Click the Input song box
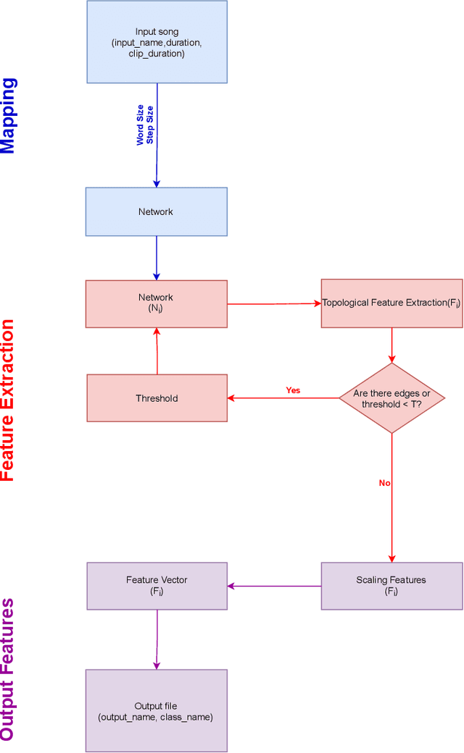pyautogui.click(x=157, y=42)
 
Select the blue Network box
pyautogui.click(x=157, y=211)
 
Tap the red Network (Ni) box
pyautogui.click(x=157, y=303)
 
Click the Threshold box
pyautogui.click(x=157, y=398)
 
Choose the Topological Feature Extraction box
pyautogui.click(x=391, y=303)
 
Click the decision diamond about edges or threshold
pyautogui.click(x=391, y=398)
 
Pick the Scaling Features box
pyautogui.click(x=391, y=585)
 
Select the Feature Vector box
pyautogui.click(x=157, y=585)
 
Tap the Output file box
pyautogui.click(x=157, y=710)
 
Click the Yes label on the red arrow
pyautogui.click(x=293, y=390)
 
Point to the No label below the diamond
pyautogui.click(x=385, y=483)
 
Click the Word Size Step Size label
pyautogui.click(x=145, y=125)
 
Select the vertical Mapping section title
pyautogui.click(x=8, y=116)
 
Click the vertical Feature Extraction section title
pyautogui.click(x=8, y=400)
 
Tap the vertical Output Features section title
pyautogui.click(x=8, y=669)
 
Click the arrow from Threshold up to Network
pyautogui.click(x=157, y=350)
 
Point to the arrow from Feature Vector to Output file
pyautogui.click(x=157, y=639)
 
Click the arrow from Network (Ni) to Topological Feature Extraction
pyautogui.click(x=274, y=304)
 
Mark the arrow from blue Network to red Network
pyautogui.click(x=157, y=258)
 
